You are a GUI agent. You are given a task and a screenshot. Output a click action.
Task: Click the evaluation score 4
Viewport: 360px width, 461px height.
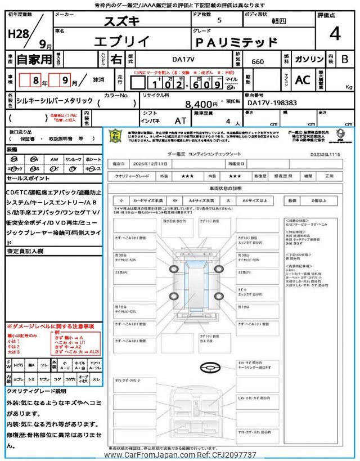335,35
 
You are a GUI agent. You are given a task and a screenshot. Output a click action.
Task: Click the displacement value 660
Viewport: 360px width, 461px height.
258,61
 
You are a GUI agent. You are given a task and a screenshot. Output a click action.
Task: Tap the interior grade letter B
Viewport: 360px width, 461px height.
345,59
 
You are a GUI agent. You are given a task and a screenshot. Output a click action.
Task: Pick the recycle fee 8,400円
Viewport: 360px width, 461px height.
201,104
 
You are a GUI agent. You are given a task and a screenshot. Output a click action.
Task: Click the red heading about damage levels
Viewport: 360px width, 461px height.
51,326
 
